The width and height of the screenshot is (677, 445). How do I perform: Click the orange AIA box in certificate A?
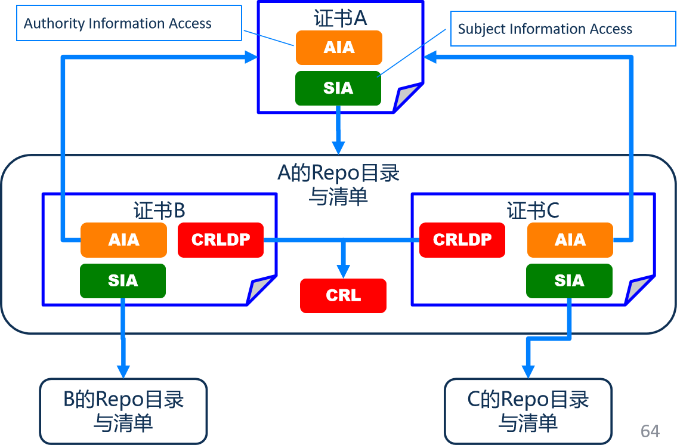(339, 48)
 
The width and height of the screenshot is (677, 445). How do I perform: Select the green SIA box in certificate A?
(338, 88)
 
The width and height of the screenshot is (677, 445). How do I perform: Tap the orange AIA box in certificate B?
(123, 240)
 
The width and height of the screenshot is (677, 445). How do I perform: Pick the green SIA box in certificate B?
(123, 280)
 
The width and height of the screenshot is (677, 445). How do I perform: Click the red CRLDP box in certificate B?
(221, 240)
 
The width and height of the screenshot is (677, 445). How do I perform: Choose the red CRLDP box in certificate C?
(462, 240)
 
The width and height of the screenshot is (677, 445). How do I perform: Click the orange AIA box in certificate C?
(570, 240)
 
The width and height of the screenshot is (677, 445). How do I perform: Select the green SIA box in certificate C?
(569, 280)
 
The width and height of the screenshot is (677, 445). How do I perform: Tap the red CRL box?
(343, 296)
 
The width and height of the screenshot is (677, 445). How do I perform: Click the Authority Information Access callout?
(129, 24)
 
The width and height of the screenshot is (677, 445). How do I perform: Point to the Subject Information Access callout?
(562, 29)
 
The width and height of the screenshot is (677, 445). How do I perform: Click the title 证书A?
(340, 18)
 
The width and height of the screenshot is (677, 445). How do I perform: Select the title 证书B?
(159, 211)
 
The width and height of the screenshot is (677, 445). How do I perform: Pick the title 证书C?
(533, 211)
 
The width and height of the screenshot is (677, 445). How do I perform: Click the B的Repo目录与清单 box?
(123, 411)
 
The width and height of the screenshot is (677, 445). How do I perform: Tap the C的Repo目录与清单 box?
(528, 411)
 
